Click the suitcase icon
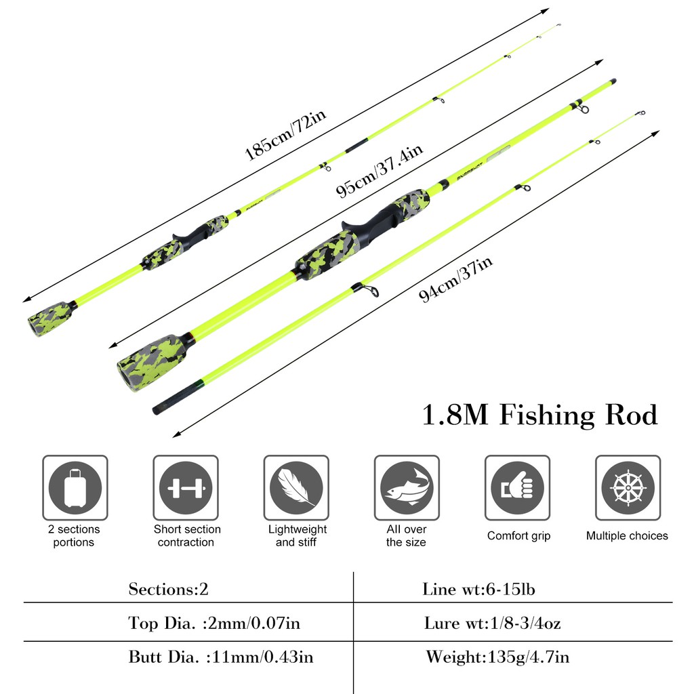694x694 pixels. (x=75, y=487)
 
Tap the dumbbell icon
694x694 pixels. (x=186, y=487)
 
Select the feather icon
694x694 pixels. (x=296, y=487)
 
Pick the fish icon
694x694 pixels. (x=407, y=487)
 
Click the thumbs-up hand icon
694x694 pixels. (x=517, y=487)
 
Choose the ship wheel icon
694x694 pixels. (x=628, y=487)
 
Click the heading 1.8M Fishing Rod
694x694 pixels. (x=539, y=415)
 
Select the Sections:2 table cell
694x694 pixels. (x=169, y=589)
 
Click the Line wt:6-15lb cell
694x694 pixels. (x=478, y=589)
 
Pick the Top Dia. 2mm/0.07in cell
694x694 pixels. (x=214, y=623)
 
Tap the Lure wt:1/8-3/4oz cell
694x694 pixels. (x=493, y=623)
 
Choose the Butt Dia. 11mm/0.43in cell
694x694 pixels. (x=221, y=657)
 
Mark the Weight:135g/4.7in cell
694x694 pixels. (x=497, y=657)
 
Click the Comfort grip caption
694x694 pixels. (x=518, y=535)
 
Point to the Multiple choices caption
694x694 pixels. (x=627, y=535)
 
